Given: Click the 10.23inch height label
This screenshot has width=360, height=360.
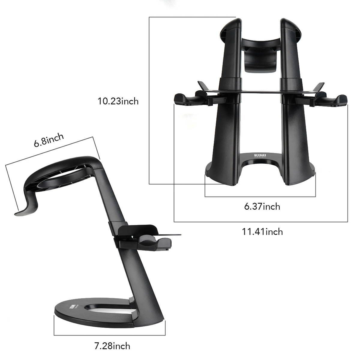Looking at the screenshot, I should click(118, 101).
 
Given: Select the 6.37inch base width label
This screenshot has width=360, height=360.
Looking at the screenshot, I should click(262, 206).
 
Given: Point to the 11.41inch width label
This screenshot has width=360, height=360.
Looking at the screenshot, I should click(262, 232).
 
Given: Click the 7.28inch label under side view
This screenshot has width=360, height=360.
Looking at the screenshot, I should click(112, 346).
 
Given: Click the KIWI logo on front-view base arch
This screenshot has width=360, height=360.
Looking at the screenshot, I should click(260, 155).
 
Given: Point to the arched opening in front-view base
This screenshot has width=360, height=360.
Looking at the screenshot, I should click(260, 171).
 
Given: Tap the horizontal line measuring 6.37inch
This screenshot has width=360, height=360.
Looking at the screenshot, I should click(260, 197).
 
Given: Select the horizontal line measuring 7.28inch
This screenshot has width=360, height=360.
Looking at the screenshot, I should click(109, 335).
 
